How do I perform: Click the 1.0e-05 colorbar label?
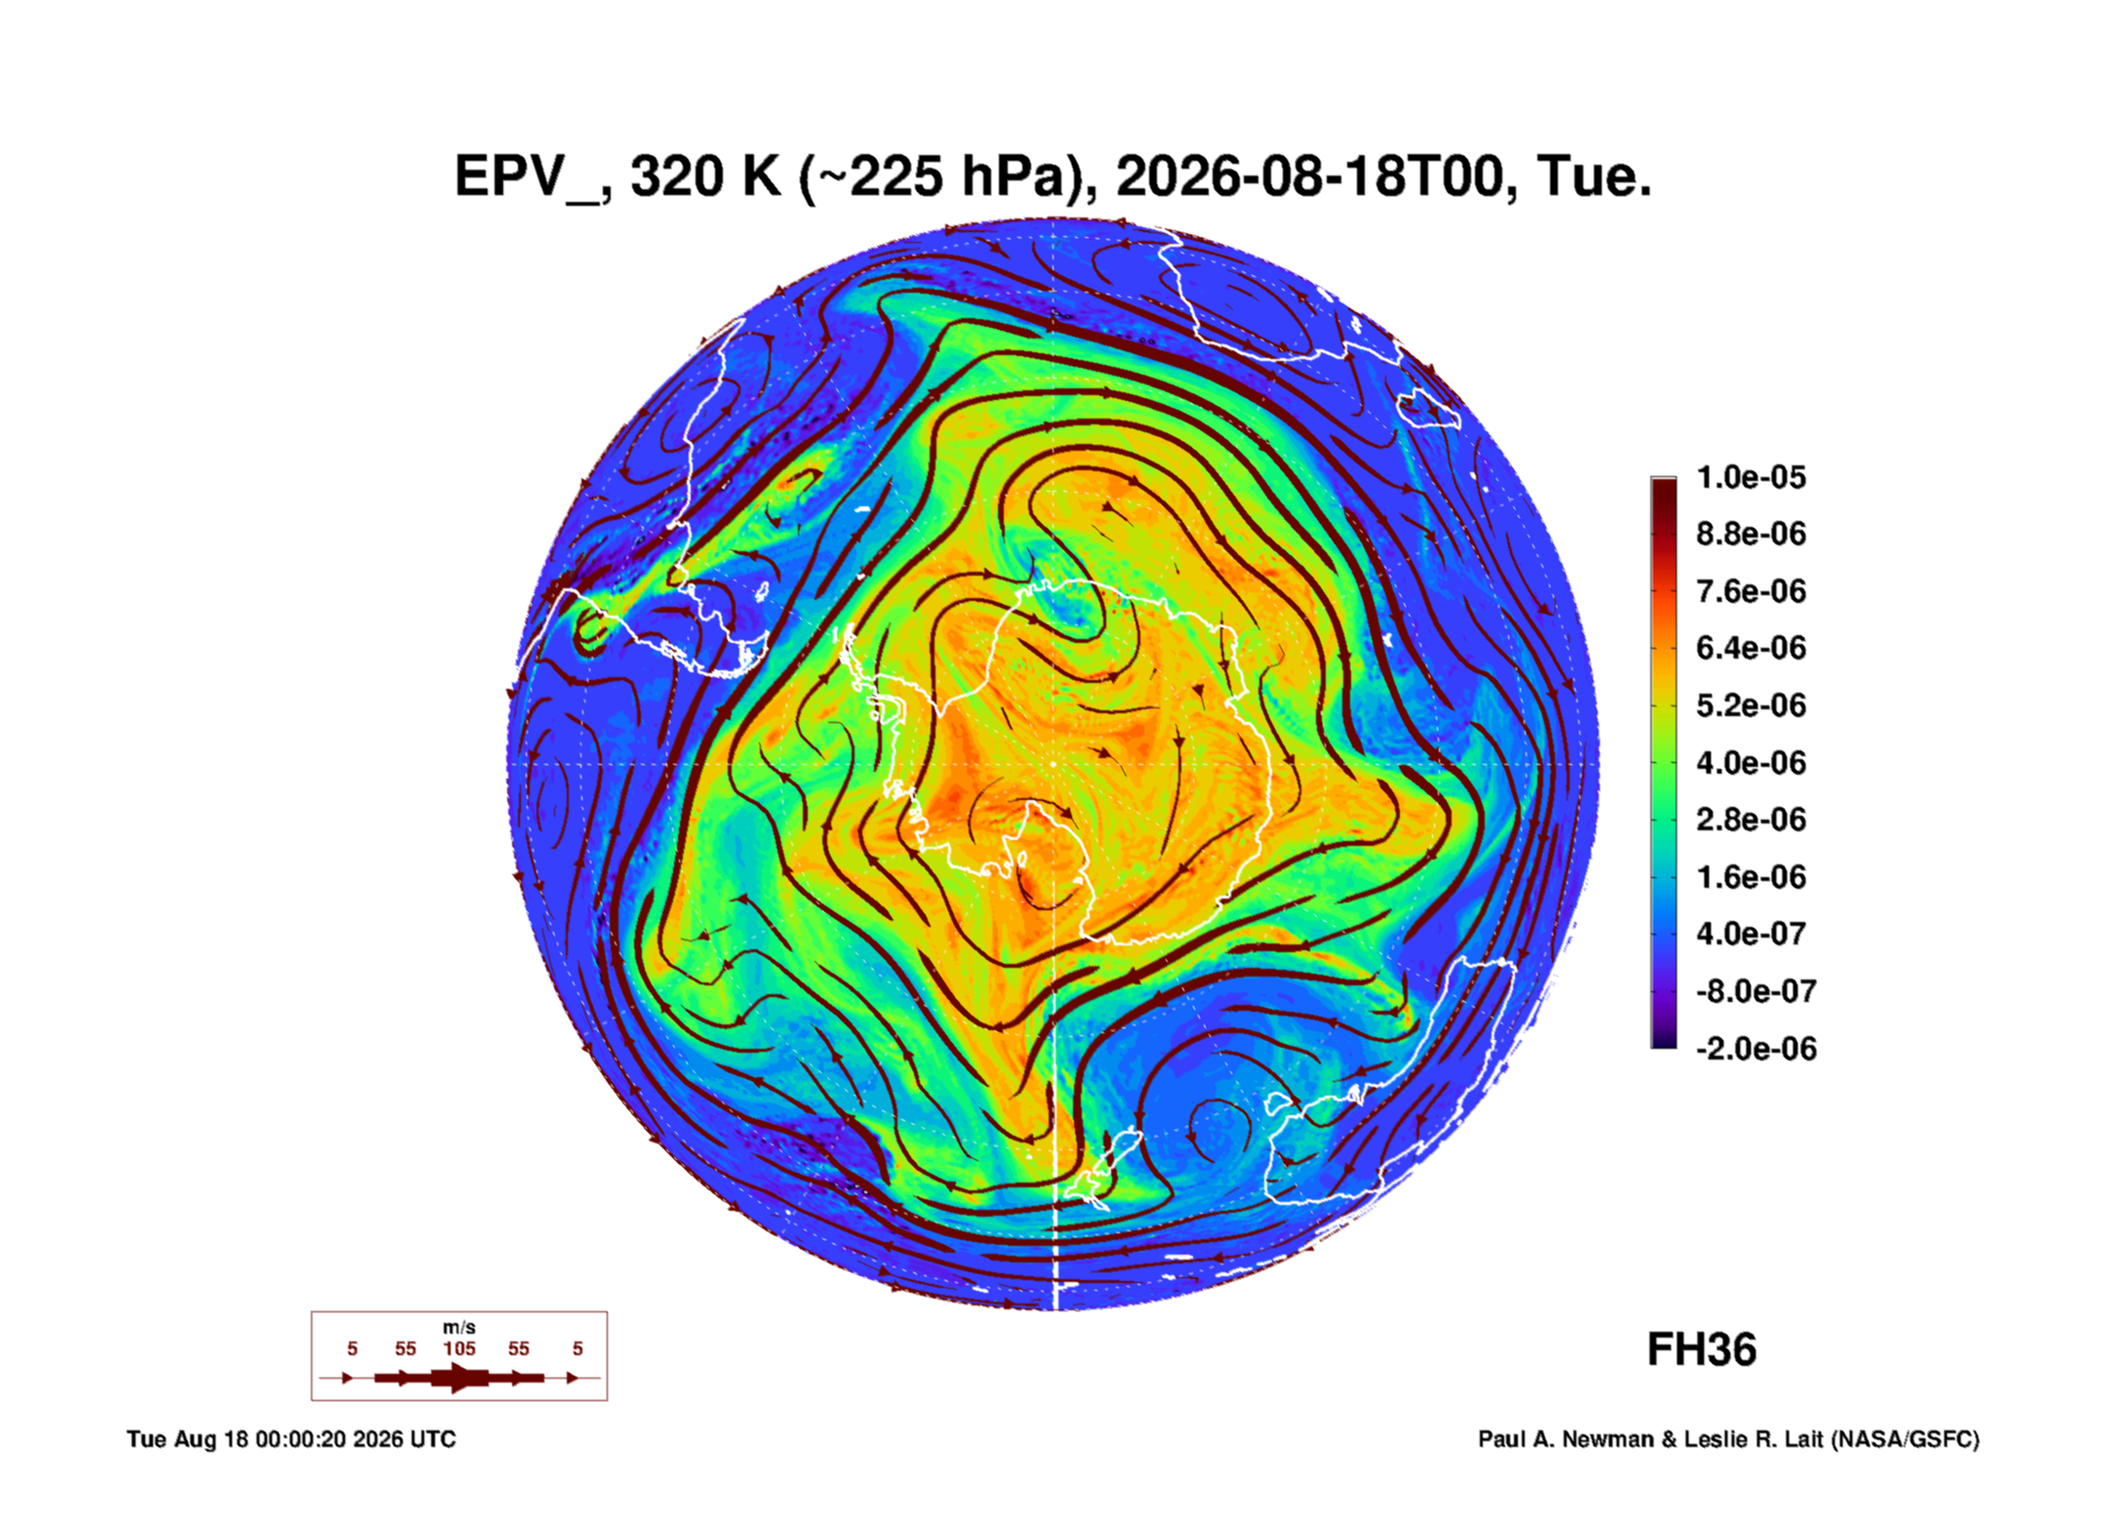1751,477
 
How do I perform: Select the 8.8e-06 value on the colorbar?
1751,534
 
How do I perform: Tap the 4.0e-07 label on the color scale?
1751,934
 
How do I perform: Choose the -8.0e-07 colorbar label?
1756,991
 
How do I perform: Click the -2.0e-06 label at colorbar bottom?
1756,1049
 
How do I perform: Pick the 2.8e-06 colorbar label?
1751,820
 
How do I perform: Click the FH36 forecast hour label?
1701,1350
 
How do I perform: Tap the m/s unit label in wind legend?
459,1327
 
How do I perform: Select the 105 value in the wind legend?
459,1348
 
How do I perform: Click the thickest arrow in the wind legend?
459,1378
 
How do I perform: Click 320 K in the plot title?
706,178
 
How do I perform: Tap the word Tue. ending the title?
1594,178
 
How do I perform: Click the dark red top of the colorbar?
1663,488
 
